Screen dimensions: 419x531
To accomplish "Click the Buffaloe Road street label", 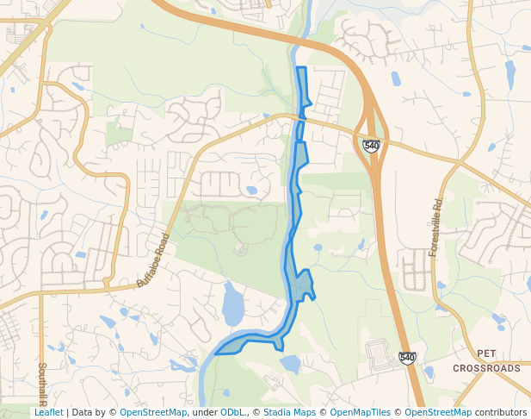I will click(154, 259).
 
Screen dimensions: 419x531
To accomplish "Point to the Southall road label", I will click(41, 383).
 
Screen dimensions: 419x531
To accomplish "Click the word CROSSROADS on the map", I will click(487, 368).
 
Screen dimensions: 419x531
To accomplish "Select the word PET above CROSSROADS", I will click(486, 353).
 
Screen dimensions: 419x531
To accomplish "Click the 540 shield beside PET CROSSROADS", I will click(407, 358).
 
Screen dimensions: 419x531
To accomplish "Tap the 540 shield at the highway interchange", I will click(371, 146).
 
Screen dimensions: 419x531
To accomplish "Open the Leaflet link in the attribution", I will click(48, 412).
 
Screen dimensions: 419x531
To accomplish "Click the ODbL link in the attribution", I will click(232, 412).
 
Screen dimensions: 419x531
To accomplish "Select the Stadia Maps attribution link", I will click(288, 412).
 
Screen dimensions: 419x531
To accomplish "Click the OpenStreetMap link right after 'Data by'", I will click(153, 412).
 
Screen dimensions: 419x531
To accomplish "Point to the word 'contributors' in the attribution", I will click(501, 412).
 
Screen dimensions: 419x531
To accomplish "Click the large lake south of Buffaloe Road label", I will click(232, 304).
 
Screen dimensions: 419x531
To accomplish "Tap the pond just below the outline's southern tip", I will click(289, 364).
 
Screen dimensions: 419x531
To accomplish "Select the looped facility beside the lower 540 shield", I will click(378, 352).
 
